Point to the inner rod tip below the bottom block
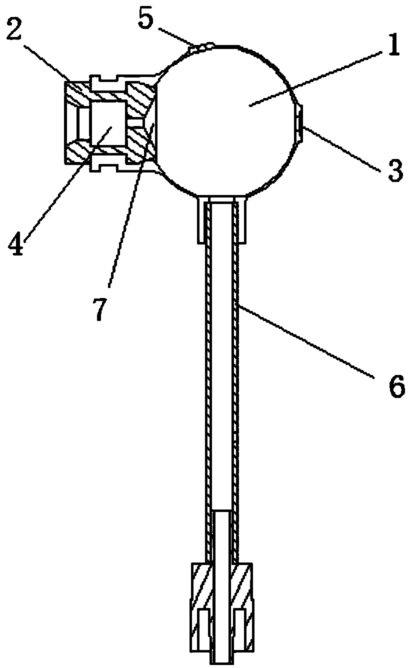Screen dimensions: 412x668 tap(222, 657)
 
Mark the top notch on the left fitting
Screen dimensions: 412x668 tap(107, 78)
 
